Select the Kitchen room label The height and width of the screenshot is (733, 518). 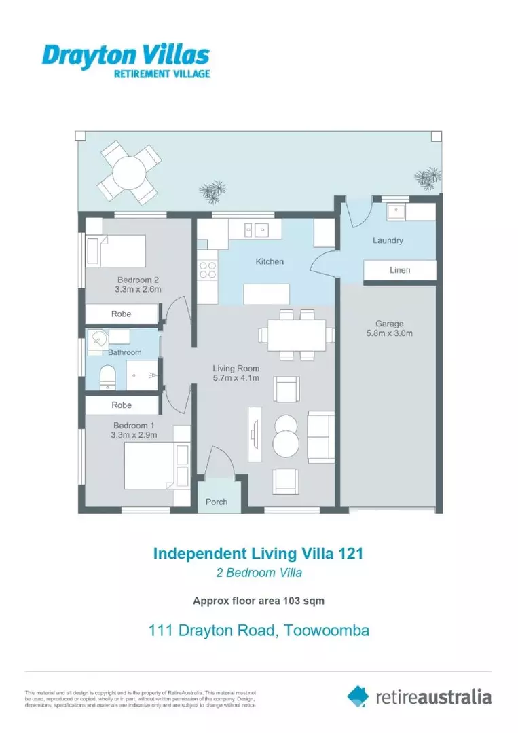tap(270, 261)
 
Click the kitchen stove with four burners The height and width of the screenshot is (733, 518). tap(207, 270)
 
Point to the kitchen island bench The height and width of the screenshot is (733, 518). tap(267, 295)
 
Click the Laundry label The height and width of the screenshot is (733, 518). tap(388, 240)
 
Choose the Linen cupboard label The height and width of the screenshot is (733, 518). tap(400, 270)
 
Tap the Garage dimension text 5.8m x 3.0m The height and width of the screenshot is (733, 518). tap(389, 333)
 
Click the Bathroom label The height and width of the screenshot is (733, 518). tap(125, 352)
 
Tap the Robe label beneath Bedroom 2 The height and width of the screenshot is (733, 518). tap(122, 314)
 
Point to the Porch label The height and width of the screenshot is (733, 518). tap(217, 502)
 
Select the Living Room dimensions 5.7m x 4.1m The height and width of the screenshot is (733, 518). tap(236, 379)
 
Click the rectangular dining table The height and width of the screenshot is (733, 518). tap(296, 335)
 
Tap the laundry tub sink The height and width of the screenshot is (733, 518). tap(395, 212)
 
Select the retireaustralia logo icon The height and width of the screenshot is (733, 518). tap(358, 696)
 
